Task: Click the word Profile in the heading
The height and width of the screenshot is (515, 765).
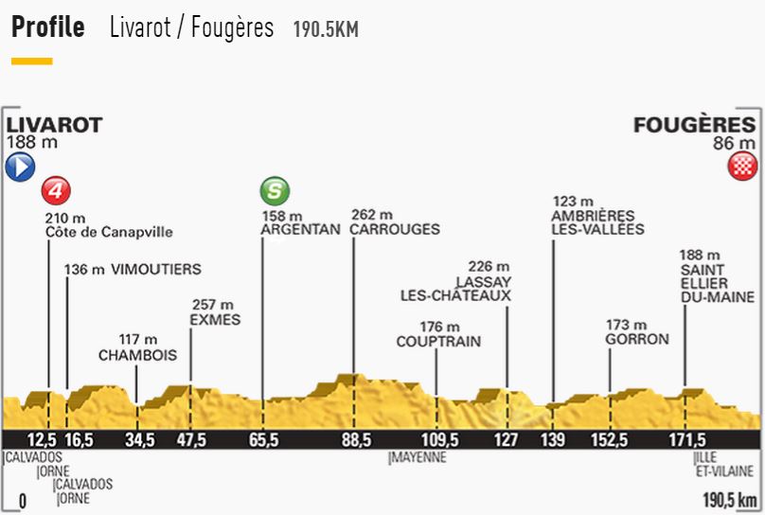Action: tap(48, 27)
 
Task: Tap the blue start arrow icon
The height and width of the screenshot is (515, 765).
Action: tap(20, 169)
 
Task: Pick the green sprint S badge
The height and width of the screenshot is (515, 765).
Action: tap(274, 192)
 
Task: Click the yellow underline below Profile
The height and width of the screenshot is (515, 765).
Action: tap(31, 62)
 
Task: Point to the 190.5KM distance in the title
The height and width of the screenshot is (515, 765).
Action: tap(325, 29)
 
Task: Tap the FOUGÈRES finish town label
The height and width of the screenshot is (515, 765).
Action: tap(696, 125)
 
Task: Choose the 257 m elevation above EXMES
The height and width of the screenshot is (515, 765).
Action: tap(214, 305)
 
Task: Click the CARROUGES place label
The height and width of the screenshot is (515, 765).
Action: tap(395, 229)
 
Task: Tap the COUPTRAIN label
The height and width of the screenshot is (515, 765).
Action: tap(438, 342)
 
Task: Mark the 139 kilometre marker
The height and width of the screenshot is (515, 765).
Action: tap(554, 439)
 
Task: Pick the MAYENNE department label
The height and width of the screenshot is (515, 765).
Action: tap(418, 459)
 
